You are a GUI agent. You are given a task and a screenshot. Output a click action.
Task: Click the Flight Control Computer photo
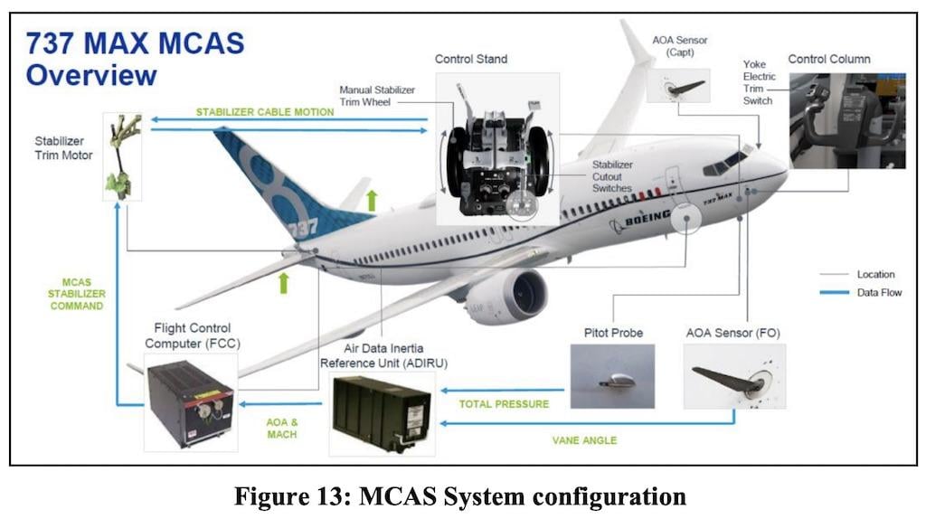tap(190, 402)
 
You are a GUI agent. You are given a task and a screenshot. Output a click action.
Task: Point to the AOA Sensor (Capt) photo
tap(678, 87)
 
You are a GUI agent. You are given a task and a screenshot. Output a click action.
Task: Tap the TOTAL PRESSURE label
tap(503, 404)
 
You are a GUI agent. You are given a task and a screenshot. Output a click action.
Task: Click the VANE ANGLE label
tap(584, 440)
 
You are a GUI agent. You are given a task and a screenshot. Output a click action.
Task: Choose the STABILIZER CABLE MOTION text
tap(265, 112)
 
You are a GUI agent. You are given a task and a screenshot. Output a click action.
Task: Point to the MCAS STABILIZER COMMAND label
tap(77, 294)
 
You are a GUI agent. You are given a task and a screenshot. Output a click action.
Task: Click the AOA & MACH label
tap(281, 428)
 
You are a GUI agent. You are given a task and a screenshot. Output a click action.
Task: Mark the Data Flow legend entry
tap(878, 292)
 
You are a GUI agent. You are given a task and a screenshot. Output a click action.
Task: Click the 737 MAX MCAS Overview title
tap(136, 59)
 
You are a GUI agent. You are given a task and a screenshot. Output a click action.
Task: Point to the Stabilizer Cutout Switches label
tap(612, 176)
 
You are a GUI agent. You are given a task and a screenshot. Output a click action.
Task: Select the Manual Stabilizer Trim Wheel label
tap(378, 96)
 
